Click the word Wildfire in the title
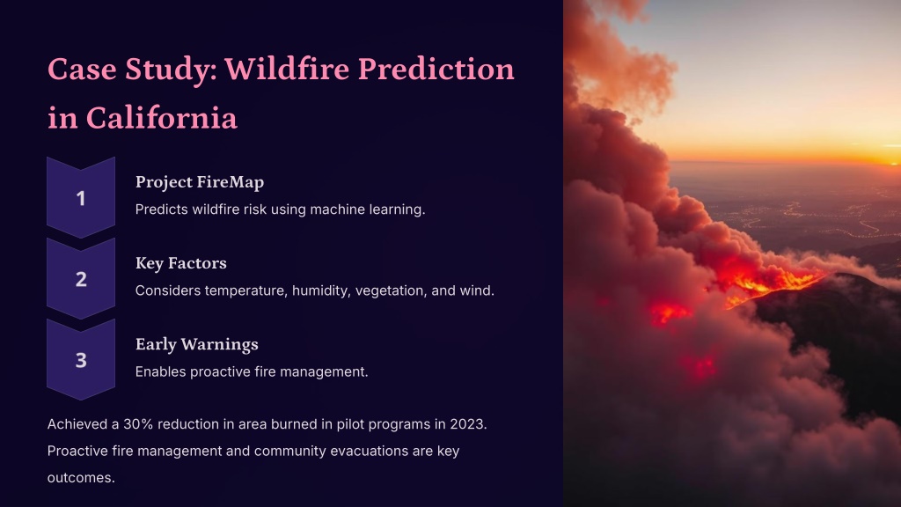pyautogui.click(x=287, y=69)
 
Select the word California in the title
pyautogui.click(x=162, y=118)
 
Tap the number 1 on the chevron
pyautogui.click(x=81, y=198)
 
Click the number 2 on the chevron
pyautogui.click(x=81, y=279)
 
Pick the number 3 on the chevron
pyautogui.click(x=81, y=360)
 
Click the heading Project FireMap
pyautogui.click(x=200, y=182)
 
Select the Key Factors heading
pyautogui.click(x=181, y=262)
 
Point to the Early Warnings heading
pyautogui.click(x=196, y=344)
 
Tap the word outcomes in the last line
pyautogui.click(x=81, y=478)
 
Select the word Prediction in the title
pyautogui.click(x=436, y=69)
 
